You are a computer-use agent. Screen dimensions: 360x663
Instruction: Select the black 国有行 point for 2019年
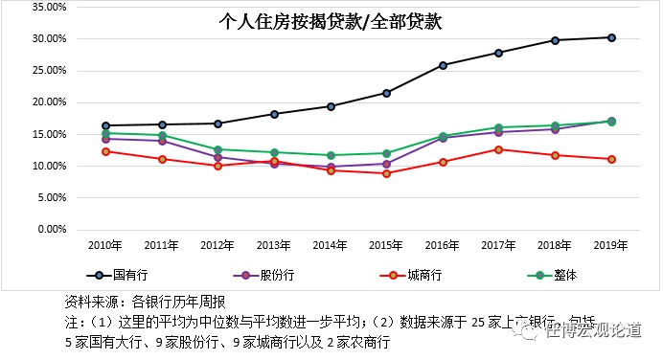coord(611,37)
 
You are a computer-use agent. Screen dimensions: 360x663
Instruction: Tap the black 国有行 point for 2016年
coord(443,65)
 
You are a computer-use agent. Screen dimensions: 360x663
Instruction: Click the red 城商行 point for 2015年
coord(386,173)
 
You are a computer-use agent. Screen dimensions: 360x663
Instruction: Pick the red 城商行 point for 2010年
coord(105,151)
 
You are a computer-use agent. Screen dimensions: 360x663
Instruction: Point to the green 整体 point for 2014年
coord(331,155)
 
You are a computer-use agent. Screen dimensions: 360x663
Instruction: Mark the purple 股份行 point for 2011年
coord(162,141)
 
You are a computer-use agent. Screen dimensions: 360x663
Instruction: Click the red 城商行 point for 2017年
coord(498,149)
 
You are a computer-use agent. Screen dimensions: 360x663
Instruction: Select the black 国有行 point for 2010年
coord(105,125)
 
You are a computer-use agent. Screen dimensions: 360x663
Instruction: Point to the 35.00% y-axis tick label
coord(48,7)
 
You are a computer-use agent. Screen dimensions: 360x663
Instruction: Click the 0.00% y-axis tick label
coord(51,230)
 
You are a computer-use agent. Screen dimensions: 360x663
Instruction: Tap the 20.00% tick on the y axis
coord(48,102)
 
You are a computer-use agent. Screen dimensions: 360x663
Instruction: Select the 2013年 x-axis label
coord(274,245)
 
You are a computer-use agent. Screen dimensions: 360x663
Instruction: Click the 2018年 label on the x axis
coord(555,245)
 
